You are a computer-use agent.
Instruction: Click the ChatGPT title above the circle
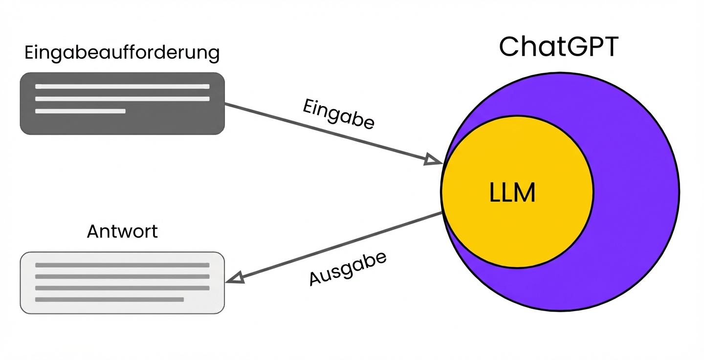tap(559, 46)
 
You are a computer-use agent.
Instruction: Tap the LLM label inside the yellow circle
tap(512, 193)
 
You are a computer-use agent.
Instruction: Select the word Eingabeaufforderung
tap(122, 53)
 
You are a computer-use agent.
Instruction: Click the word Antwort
tap(122, 231)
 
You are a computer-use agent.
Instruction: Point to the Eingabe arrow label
tap(338, 114)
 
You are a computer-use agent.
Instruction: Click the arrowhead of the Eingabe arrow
tap(434, 159)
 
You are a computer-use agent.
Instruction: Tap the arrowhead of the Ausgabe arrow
tap(235, 278)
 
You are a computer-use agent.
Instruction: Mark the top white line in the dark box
tap(122, 87)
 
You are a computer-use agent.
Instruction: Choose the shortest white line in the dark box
tap(80, 111)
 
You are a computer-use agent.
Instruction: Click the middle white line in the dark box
tap(122, 99)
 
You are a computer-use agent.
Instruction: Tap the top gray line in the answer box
tap(122, 265)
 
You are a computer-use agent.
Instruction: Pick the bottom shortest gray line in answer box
tap(109, 299)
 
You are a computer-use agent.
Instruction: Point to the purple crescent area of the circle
tap(636, 196)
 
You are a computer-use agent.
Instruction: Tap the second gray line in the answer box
tap(122, 276)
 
